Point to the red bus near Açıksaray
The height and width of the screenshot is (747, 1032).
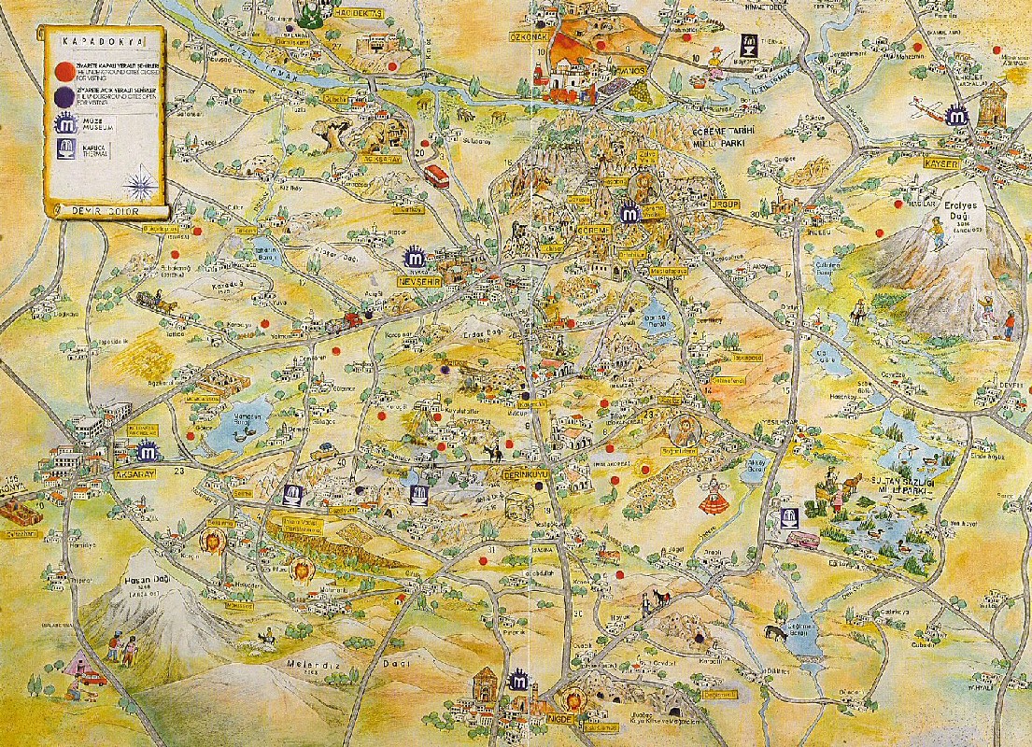coord(436,175)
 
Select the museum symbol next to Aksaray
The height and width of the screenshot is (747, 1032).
coord(147,453)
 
